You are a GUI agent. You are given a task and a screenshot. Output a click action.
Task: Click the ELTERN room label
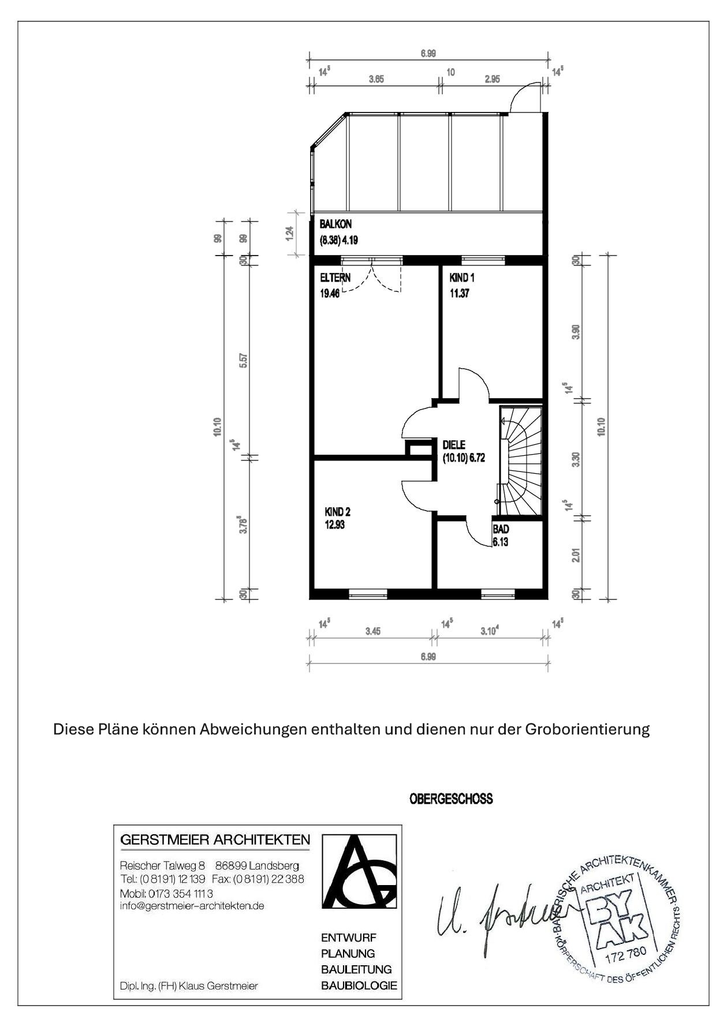point(335,278)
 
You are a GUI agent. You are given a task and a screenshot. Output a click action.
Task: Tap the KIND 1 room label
point(462,278)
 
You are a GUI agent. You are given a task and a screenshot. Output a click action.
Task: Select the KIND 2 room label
point(337,512)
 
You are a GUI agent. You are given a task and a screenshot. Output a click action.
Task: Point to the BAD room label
point(501,529)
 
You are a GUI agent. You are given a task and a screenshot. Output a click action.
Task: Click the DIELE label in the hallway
point(454,445)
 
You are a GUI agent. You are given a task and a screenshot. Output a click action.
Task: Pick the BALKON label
point(335,224)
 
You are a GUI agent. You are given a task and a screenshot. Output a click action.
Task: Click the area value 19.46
point(330,293)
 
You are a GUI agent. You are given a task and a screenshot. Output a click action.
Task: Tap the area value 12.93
point(335,525)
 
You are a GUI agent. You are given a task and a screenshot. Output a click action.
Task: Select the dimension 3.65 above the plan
point(376,80)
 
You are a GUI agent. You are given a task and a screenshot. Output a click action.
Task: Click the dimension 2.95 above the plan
point(492,80)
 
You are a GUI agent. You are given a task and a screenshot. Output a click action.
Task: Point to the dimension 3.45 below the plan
point(372,631)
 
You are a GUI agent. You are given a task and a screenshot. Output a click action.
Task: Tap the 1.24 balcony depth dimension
point(290,233)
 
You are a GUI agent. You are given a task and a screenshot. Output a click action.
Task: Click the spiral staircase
point(521,460)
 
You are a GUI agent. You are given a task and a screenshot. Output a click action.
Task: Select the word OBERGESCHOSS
point(451,799)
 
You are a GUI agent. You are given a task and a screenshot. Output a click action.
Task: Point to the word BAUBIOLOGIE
point(359,985)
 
